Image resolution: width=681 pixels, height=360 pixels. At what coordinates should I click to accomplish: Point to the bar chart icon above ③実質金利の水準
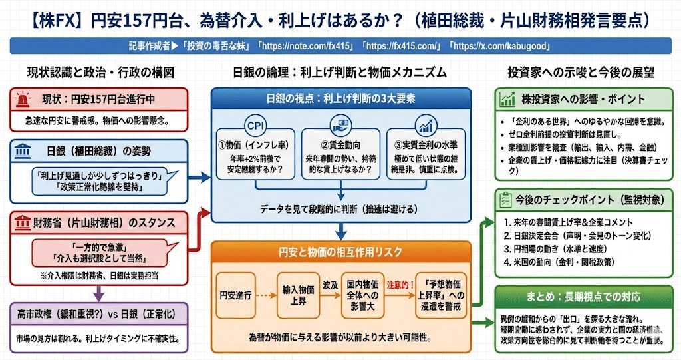[426, 126]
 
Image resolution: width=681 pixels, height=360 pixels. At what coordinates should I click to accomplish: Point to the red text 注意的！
[399, 283]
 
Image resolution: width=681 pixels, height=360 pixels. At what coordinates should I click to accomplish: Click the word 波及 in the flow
[331, 284]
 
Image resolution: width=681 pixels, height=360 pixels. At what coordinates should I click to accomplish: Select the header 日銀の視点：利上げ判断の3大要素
[340, 99]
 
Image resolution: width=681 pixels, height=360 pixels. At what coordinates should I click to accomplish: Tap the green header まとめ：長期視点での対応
[583, 297]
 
